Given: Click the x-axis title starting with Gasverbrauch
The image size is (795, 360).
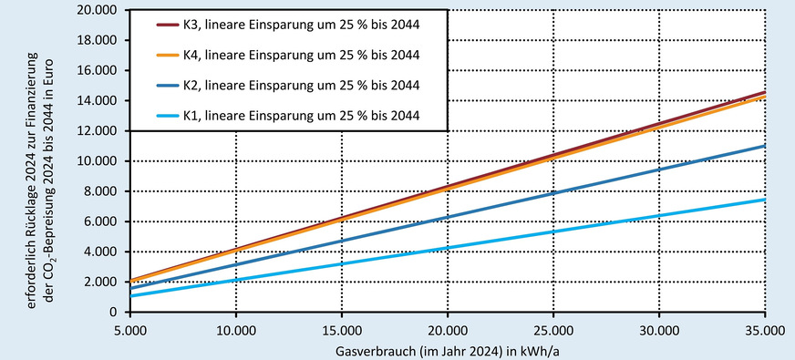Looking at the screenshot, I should (x=447, y=350).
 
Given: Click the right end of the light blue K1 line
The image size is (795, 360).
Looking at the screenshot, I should (x=763, y=200).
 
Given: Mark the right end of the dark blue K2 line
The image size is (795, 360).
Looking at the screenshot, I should (x=763, y=146).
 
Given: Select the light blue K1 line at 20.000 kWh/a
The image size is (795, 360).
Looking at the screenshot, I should (x=448, y=248).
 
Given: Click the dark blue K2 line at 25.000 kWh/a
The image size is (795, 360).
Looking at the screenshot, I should (x=553, y=193).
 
